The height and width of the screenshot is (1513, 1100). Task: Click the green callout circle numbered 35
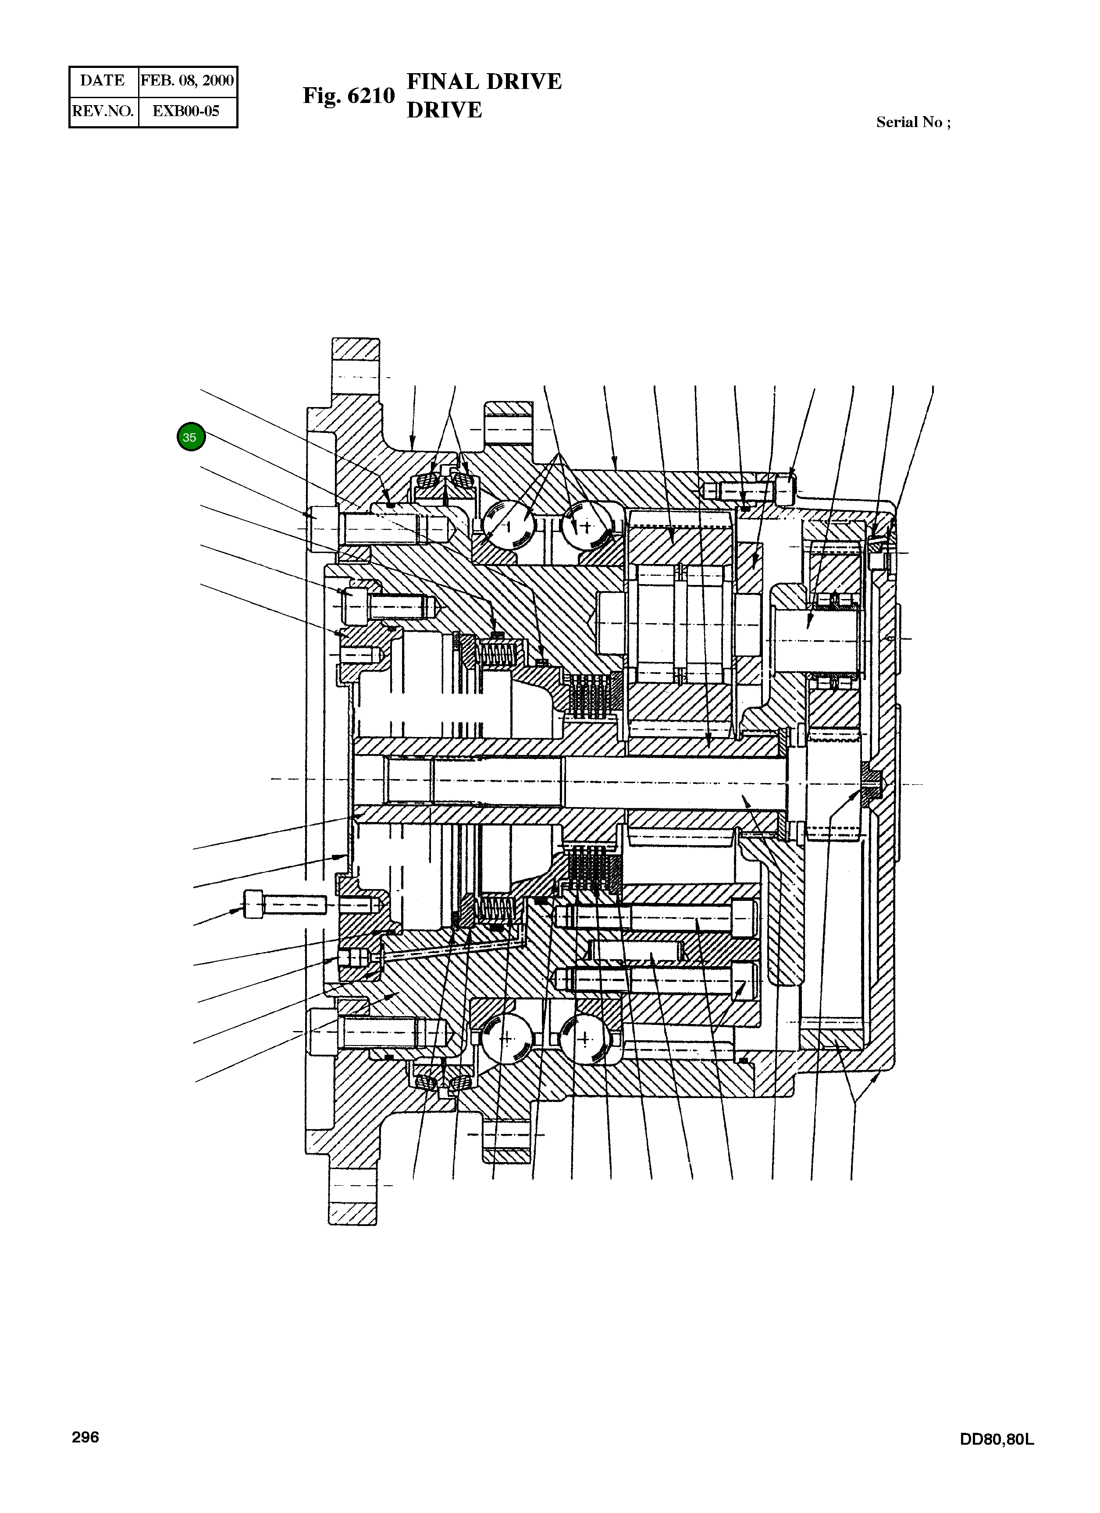click(190, 438)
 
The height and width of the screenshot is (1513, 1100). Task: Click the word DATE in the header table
click(102, 81)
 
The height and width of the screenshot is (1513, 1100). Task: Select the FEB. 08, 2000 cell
click(187, 81)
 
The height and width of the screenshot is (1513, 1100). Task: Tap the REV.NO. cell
click(103, 111)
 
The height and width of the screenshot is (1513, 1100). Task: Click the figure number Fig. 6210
click(349, 96)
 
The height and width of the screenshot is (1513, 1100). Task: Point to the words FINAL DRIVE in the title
click(484, 81)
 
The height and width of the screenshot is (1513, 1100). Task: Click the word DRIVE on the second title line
click(444, 110)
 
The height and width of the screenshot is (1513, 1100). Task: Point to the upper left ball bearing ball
click(509, 526)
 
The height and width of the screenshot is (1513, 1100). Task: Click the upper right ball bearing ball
click(587, 526)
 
